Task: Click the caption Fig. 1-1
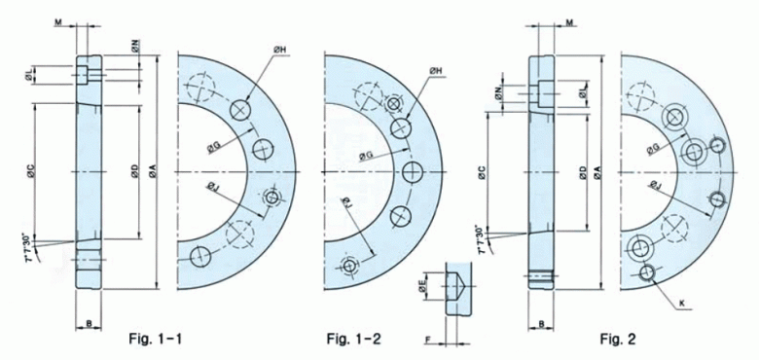click(156, 339)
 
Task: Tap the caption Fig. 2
click(617, 339)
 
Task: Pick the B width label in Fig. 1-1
click(89, 320)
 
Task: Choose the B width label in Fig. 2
click(541, 321)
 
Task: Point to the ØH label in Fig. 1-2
click(435, 71)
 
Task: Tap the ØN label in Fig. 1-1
click(134, 45)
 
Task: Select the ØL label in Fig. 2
click(582, 91)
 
